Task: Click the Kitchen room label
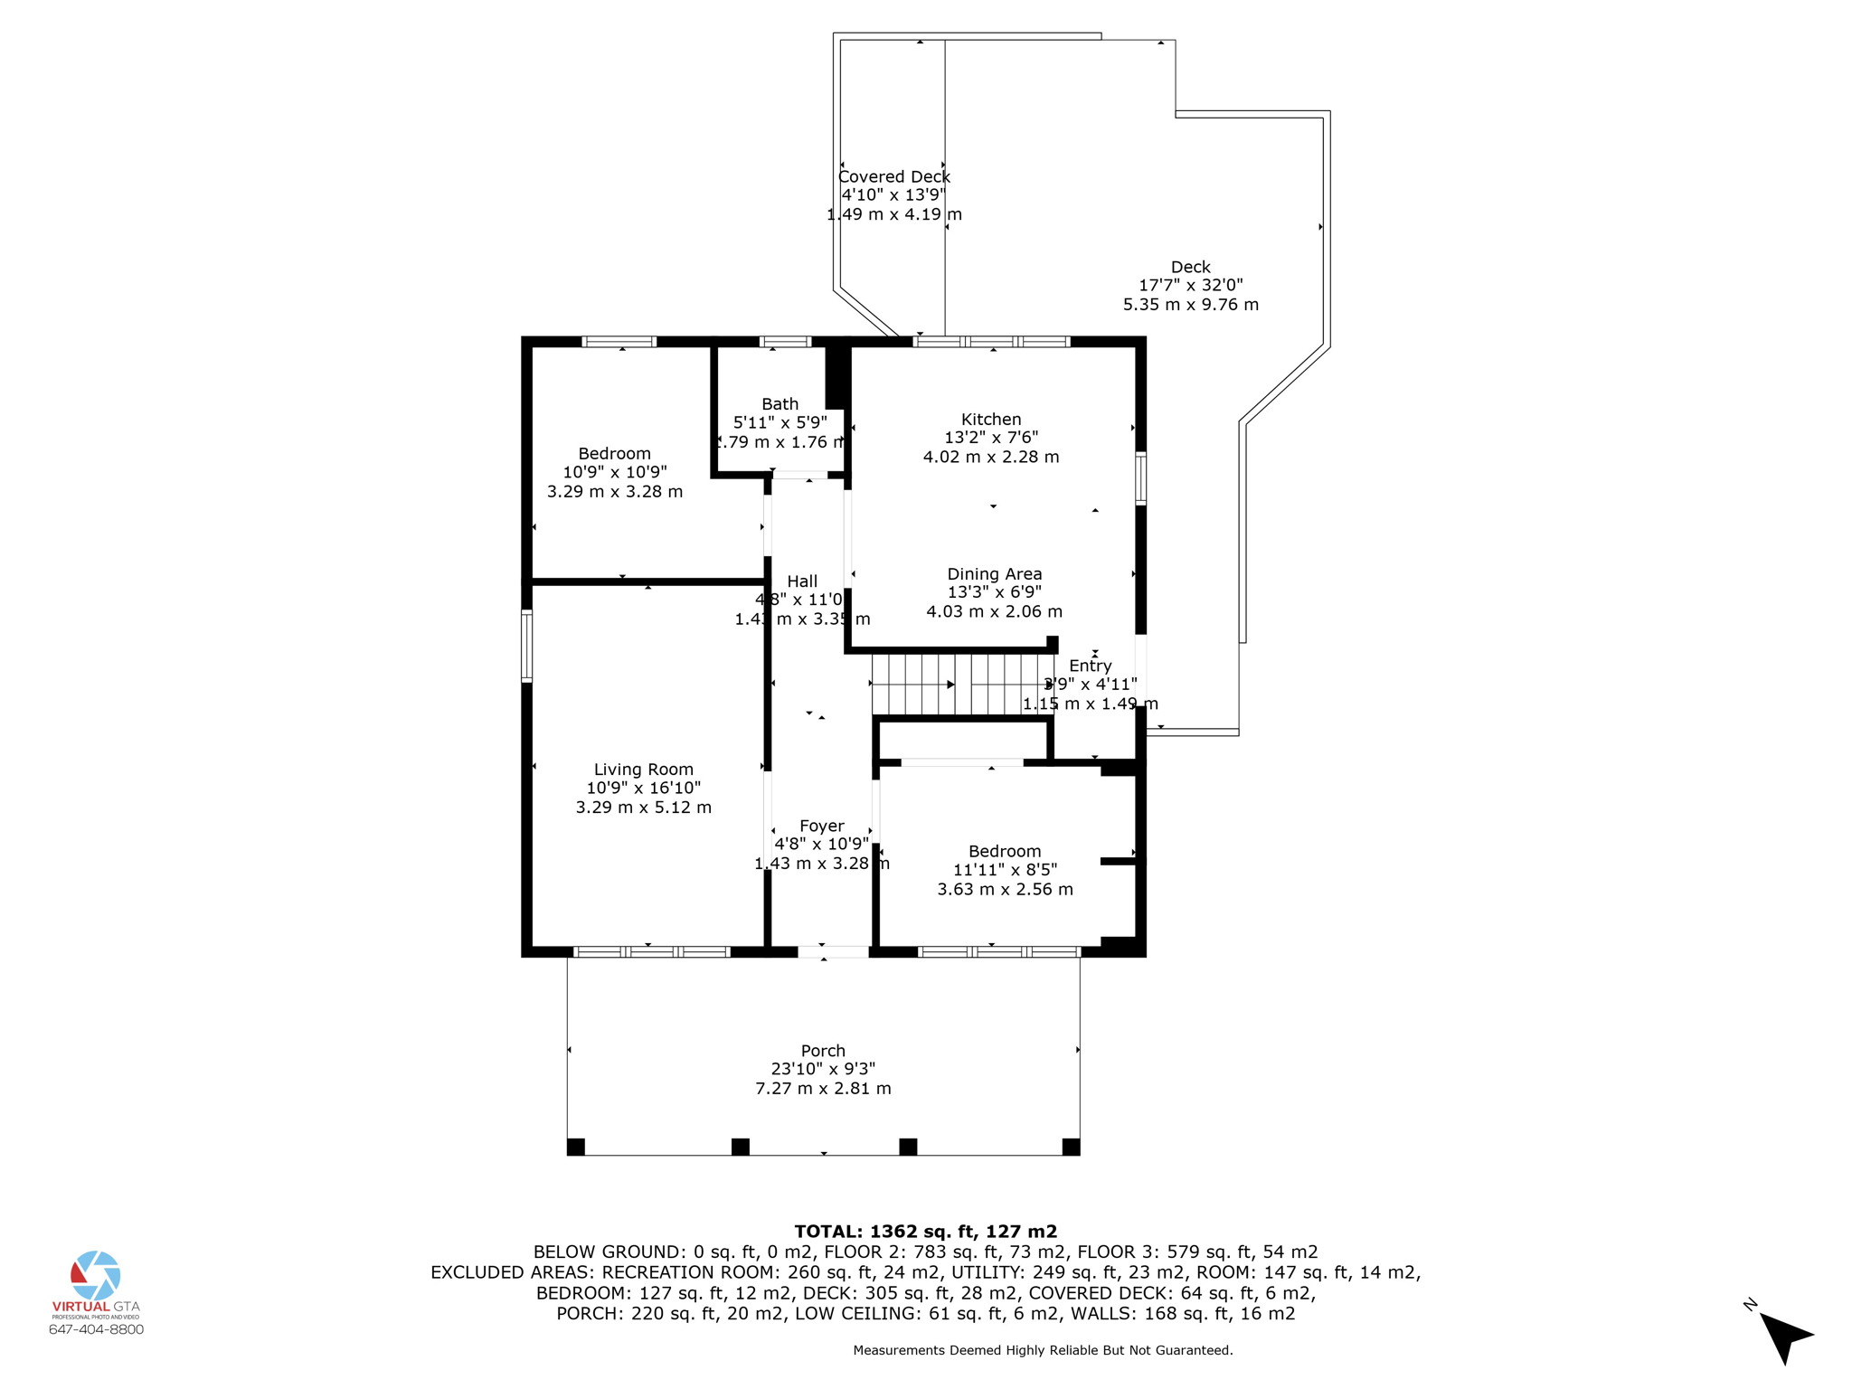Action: [x=991, y=420]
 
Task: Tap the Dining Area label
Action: [x=994, y=574]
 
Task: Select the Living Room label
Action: [x=643, y=770]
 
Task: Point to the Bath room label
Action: [x=780, y=404]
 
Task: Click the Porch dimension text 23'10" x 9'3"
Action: [x=823, y=1069]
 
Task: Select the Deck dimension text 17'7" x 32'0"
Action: [x=1190, y=285]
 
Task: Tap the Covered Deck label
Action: [x=894, y=177]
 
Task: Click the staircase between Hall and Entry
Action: [x=959, y=685]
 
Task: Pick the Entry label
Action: [x=1090, y=666]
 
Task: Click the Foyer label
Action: [x=821, y=826]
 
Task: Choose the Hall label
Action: [x=802, y=581]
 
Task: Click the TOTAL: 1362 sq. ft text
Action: [x=925, y=1231]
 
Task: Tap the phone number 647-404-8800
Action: [x=96, y=1329]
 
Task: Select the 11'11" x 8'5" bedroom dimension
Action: [x=1005, y=870]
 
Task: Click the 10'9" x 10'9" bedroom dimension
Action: [x=615, y=472]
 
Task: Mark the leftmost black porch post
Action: [x=576, y=1147]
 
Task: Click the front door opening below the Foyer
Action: [x=833, y=951]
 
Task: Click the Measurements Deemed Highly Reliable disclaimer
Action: [x=1043, y=1350]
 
